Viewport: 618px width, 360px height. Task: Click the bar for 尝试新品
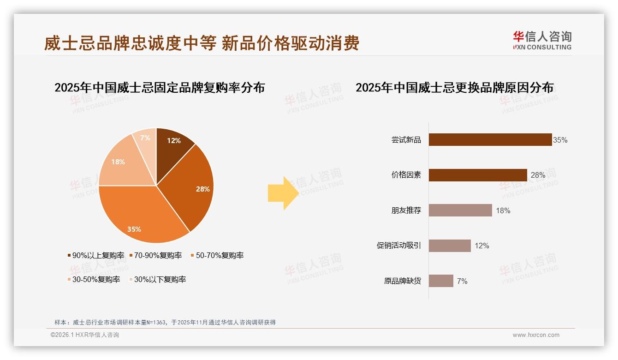490,139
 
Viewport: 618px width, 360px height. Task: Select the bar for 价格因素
477,175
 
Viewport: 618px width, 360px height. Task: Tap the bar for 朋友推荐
460,210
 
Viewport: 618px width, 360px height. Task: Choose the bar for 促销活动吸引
449,246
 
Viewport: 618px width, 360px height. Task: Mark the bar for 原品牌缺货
440,281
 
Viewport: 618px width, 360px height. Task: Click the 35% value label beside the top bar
560,140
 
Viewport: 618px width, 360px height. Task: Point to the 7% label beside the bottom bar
462,281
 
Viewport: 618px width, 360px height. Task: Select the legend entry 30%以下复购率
160,279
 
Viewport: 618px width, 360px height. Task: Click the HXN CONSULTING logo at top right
542,40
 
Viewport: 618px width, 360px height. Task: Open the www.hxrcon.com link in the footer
535,335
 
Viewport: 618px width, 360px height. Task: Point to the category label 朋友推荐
406,210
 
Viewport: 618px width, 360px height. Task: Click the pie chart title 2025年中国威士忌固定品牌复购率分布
160,88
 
